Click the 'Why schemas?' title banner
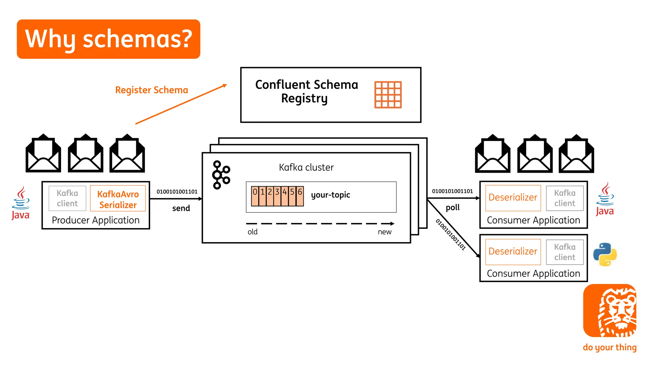pyautogui.click(x=109, y=39)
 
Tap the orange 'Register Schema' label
pyautogui.click(x=151, y=90)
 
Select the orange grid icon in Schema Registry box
pyautogui.click(x=388, y=95)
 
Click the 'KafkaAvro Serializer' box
pyautogui.click(x=118, y=199)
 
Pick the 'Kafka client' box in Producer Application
pyautogui.click(x=67, y=198)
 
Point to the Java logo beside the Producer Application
pyautogui.click(x=21, y=203)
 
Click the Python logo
pyautogui.click(x=605, y=255)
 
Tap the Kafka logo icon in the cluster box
pyautogui.click(x=221, y=175)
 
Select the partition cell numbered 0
pyautogui.click(x=255, y=196)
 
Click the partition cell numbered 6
pyautogui.click(x=300, y=196)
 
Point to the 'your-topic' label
pyautogui.click(x=331, y=195)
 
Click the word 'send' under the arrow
pyautogui.click(x=181, y=208)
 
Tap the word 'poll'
pyautogui.click(x=452, y=208)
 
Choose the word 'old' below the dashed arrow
pyautogui.click(x=252, y=232)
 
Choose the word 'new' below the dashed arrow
pyautogui.click(x=384, y=232)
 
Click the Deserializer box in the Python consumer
pyautogui.click(x=513, y=252)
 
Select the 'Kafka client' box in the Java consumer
pyautogui.click(x=565, y=198)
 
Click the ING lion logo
pyautogui.click(x=610, y=310)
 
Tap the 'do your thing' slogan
pyautogui.click(x=609, y=347)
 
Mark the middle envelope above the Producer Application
pyautogui.click(x=86, y=154)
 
